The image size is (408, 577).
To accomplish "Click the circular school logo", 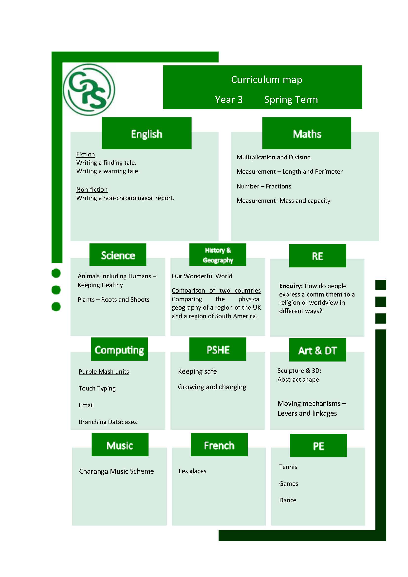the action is (x=89, y=90).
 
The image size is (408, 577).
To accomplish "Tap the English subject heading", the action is (x=147, y=133).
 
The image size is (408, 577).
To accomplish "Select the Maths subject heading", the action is (x=307, y=133).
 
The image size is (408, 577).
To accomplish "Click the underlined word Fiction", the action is (x=85, y=154).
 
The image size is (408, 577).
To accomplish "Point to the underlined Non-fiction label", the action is (x=92, y=189).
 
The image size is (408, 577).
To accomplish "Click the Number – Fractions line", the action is (x=264, y=186).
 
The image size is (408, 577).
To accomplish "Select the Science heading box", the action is (x=118, y=255).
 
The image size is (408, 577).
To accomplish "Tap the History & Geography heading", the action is (x=218, y=255).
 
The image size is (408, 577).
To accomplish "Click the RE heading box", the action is (x=317, y=256).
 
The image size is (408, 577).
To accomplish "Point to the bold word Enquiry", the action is (x=291, y=286).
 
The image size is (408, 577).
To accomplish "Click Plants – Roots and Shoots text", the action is (x=113, y=299).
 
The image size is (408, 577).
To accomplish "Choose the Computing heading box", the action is (x=119, y=349).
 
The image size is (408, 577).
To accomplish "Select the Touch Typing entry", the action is (x=97, y=389).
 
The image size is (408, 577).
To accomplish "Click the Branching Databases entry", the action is (x=108, y=422).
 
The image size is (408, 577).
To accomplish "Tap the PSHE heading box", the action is (x=218, y=349).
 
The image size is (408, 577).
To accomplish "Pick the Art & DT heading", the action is (x=317, y=350).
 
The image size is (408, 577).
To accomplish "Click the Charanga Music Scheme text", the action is (x=116, y=471).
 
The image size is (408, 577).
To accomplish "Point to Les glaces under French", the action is (x=192, y=471).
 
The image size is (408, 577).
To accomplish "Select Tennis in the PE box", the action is (x=288, y=467).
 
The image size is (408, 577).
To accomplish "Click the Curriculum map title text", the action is (x=267, y=79).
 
